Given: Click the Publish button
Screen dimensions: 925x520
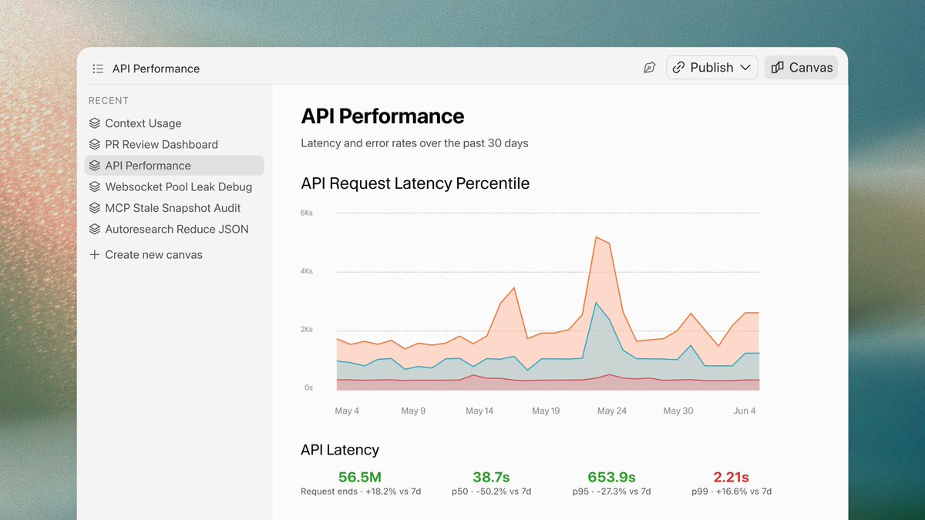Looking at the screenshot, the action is tap(711, 67).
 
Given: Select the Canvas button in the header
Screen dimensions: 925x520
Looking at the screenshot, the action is tap(801, 67).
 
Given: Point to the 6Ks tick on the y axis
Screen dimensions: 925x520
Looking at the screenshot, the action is tap(307, 213).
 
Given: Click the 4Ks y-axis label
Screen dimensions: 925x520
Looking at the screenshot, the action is tap(307, 271).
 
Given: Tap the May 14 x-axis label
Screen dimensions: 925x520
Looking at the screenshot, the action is tap(479, 411).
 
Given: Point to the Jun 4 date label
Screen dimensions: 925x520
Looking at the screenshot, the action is tap(744, 411).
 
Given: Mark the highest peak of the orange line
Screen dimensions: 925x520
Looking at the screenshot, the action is tap(597, 237).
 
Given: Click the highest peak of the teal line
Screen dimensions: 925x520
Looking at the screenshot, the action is tap(596, 303).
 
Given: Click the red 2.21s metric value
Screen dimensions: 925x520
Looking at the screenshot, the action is tap(731, 477).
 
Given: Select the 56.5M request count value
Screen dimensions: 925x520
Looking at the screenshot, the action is tap(360, 477).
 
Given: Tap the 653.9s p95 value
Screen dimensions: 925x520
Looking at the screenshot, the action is tap(611, 477).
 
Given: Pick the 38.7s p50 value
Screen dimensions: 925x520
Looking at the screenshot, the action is tap(491, 477).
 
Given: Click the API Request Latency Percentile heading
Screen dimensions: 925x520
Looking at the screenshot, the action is tap(415, 183).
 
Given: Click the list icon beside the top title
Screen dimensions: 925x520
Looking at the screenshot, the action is tap(98, 69).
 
